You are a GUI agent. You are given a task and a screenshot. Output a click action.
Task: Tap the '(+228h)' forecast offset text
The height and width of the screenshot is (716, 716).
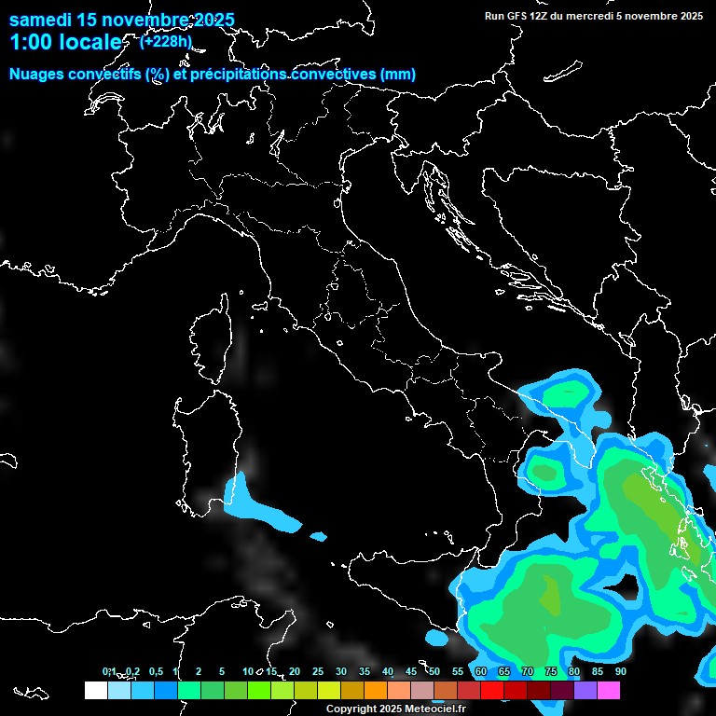point(166,41)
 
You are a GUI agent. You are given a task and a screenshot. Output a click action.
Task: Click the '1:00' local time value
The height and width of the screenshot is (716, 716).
point(31,42)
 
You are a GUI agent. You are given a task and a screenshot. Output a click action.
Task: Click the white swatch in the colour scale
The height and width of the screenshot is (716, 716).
point(95,691)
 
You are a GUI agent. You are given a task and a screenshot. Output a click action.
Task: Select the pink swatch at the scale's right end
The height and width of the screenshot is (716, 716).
point(609,691)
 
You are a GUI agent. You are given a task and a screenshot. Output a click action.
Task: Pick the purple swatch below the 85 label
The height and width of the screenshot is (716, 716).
point(585,691)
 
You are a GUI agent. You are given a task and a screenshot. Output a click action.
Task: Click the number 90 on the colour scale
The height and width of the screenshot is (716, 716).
point(620,671)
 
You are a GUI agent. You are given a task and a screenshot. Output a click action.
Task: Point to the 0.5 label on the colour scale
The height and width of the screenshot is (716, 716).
point(156,671)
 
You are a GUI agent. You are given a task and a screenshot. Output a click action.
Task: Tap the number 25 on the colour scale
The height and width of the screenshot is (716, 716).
point(318,671)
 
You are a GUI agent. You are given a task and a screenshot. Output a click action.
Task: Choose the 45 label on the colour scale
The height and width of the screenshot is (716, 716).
point(411,671)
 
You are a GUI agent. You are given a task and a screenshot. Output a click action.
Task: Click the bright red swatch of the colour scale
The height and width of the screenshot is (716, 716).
point(492,691)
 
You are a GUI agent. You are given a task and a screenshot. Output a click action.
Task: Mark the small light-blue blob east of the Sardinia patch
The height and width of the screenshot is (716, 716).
point(319,536)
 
